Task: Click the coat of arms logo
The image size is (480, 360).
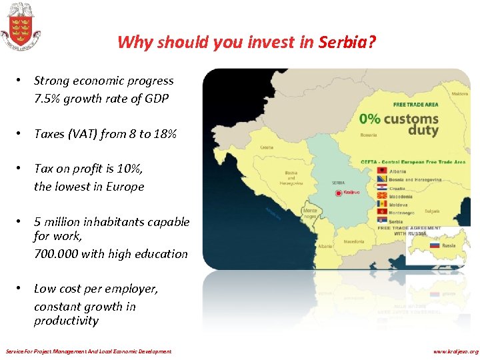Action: click(19, 25)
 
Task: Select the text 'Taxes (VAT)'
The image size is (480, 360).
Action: click(65, 134)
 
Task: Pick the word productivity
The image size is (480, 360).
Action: click(66, 321)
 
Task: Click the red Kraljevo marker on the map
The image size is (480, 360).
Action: click(339, 193)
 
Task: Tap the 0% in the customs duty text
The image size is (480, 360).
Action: click(370, 119)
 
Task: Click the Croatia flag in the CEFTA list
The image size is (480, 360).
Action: click(381, 188)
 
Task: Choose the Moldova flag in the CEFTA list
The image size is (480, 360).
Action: click(381, 204)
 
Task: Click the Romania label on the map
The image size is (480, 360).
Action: click(369, 135)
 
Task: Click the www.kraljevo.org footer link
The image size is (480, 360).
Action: click(455, 351)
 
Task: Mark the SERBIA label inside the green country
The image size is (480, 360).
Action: click(338, 182)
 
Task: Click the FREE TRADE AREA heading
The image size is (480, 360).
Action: click(417, 105)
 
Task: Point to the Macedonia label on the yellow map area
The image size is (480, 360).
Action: click(354, 241)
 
